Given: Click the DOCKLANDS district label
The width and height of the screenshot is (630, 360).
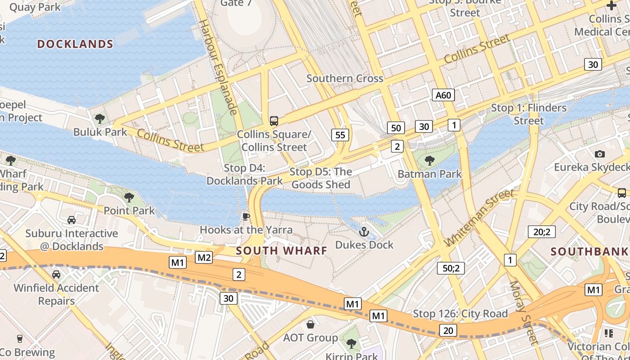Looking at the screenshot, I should pyautogui.click(x=75, y=44).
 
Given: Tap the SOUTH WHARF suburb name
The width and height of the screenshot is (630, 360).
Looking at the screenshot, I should pyautogui.click(x=281, y=251).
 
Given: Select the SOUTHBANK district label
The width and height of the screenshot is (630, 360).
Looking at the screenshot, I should pyautogui.click(x=589, y=252).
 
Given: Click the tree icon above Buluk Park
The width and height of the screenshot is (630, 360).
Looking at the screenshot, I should pyautogui.click(x=100, y=119).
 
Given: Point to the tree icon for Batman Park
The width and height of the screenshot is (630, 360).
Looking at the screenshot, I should pyautogui.click(x=430, y=160).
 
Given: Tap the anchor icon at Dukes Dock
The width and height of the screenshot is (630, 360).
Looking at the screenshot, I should pyautogui.click(x=364, y=232).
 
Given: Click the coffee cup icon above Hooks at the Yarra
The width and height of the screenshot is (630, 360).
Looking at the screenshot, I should pyautogui.click(x=246, y=216).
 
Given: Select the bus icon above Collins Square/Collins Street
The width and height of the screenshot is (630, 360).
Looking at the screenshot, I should pyautogui.click(x=274, y=121).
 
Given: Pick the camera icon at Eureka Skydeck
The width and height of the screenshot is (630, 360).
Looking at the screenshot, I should pyautogui.click(x=599, y=154).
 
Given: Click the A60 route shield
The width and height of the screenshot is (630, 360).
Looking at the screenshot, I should pyautogui.click(x=443, y=95).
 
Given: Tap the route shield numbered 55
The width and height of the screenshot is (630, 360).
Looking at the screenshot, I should pyautogui.click(x=340, y=135).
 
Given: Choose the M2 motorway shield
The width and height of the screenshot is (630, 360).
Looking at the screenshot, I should pyautogui.click(x=204, y=257).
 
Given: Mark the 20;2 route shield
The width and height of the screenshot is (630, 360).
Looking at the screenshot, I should pyautogui.click(x=541, y=232).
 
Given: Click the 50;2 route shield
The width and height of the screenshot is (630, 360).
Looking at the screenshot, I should pyautogui.click(x=450, y=268).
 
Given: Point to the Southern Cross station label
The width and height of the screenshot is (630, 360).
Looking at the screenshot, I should pyautogui.click(x=345, y=78).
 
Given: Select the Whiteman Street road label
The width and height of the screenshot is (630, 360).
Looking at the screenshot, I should pyautogui.click(x=478, y=218).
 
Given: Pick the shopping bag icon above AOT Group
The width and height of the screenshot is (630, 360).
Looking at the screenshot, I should pyautogui.click(x=310, y=324).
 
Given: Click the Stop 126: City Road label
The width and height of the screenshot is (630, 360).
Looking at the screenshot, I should pyautogui.click(x=460, y=314).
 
